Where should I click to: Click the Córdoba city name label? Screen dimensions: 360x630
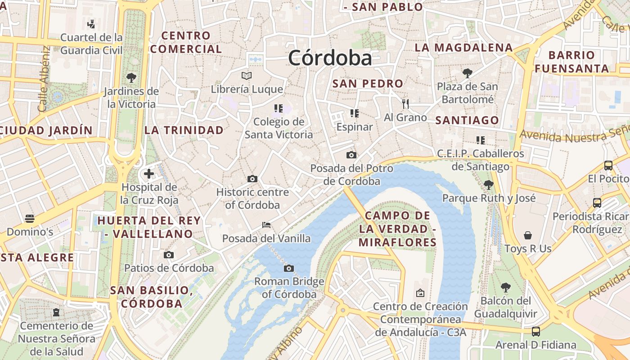click(x=330, y=58)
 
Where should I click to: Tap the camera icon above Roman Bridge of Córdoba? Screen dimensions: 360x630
click(x=289, y=269)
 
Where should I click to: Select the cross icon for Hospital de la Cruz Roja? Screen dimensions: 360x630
click(x=149, y=174)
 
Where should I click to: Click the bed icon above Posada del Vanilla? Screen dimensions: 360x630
click(x=266, y=225)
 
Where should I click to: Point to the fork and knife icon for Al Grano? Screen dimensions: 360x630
click(x=405, y=104)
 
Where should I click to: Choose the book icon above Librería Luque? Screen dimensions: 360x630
click(x=246, y=76)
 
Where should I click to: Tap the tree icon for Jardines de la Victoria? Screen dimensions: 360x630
click(x=131, y=78)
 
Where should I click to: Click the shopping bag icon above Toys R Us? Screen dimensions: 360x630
click(x=527, y=235)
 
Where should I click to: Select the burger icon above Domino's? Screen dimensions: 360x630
click(x=30, y=219)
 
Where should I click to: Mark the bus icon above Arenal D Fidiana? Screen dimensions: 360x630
click(x=535, y=332)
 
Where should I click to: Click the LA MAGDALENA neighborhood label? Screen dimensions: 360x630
click(x=463, y=48)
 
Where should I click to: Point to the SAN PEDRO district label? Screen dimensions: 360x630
click(x=368, y=84)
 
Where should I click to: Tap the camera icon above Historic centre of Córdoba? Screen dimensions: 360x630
click(x=252, y=179)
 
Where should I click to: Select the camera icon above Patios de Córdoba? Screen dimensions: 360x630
click(x=169, y=255)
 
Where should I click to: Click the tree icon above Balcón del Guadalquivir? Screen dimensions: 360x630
click(x=506, y=287)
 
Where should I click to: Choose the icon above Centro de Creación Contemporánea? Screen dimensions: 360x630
click(x=420, y=293)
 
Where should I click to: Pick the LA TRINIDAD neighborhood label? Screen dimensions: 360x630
click(x=184, y=130)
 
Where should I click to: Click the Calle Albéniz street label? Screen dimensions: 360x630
click(x=44, y=79)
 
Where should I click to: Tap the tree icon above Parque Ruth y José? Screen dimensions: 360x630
click(x=489, y=184)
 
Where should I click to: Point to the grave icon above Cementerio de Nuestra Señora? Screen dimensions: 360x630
click(x=56, y=312)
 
